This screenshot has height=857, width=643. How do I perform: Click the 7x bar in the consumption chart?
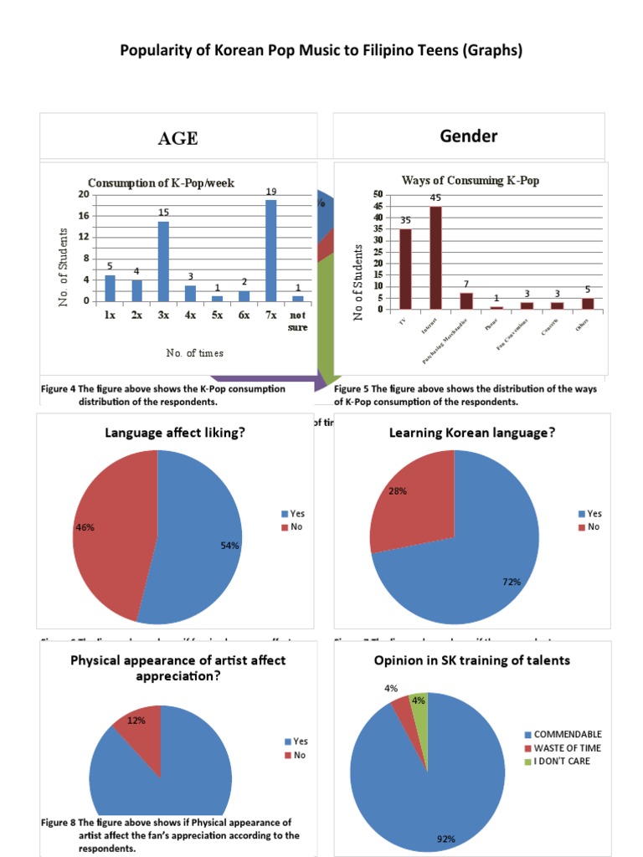point(271,250)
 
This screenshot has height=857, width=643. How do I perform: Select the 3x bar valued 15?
point(163,261)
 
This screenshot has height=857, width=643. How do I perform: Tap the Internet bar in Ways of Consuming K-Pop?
point(435,258)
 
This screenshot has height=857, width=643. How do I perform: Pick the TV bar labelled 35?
point(405,269)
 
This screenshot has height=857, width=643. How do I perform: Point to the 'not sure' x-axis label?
point(298,321)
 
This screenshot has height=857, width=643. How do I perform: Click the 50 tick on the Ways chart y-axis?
point(378,194)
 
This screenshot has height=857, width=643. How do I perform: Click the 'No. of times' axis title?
point(195,353)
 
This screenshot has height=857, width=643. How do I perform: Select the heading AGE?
point(178,139)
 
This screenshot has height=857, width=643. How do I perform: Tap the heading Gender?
point(469,136)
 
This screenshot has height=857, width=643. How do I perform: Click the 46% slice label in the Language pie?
point(85,528)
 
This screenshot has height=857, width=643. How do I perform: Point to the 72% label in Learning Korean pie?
point(512,582)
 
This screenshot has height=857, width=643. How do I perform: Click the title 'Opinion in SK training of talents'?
point(472,660)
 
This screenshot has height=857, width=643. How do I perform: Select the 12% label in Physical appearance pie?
point(136,720)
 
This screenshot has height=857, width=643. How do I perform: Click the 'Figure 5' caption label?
point(352,389)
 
